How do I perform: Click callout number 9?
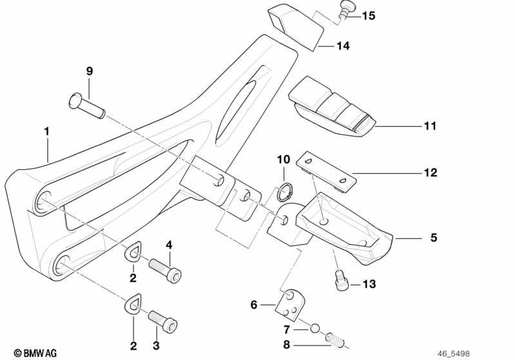coord(90,71)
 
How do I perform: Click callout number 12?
coord(431,173)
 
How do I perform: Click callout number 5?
coord(433,238)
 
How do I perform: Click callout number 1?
coord(47,131)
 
